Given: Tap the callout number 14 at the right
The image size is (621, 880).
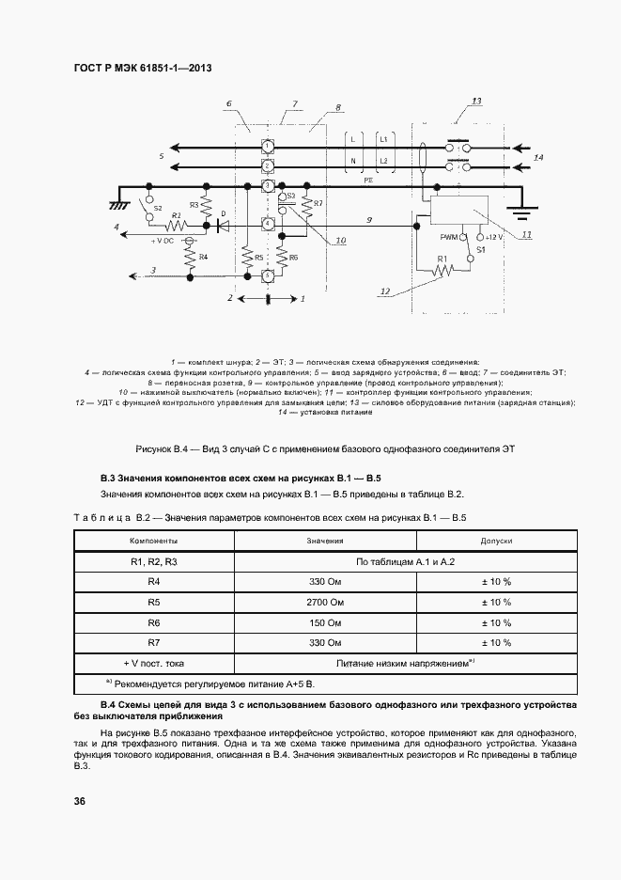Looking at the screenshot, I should (538, 158).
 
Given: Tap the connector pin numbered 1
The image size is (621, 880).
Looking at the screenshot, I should (268, 147).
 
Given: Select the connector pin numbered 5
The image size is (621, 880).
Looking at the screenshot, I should (268, 275).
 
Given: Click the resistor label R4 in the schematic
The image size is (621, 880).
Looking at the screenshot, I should (204, 257).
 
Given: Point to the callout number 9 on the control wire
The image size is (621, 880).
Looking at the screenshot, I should (369, 218).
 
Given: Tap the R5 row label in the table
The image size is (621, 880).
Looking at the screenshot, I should (155, 602).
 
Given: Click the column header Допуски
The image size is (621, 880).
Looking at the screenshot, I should (496, 541).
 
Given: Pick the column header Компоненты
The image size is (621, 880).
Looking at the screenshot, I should (155, 541).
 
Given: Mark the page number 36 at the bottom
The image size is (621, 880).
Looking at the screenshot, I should (80, 801).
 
